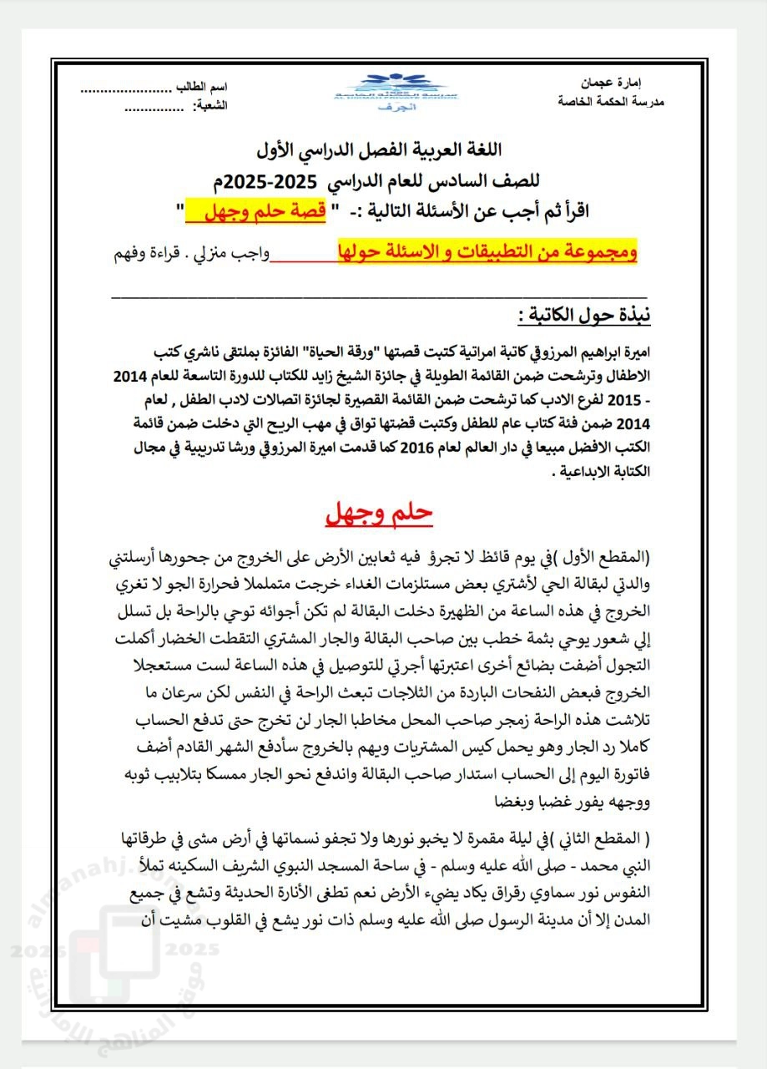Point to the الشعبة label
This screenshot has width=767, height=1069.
point(209,106)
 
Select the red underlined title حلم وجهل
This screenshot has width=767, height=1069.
point(381,513)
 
